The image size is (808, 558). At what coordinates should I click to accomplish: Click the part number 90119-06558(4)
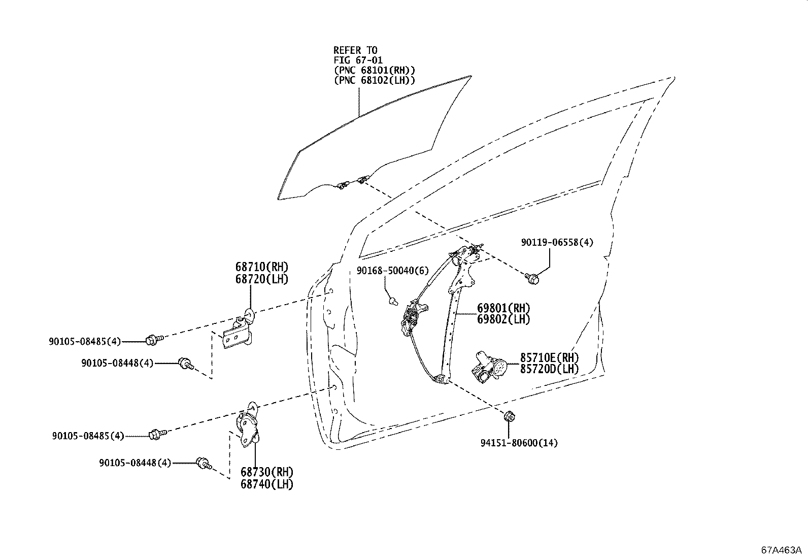pos(557,243)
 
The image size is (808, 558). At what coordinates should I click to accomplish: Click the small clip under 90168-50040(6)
pos(392,301)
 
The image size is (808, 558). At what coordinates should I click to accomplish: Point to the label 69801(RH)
pos(503,308)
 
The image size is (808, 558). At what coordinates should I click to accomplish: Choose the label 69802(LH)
pos(503,319)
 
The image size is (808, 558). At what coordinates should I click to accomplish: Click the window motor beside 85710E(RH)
pos(488,367)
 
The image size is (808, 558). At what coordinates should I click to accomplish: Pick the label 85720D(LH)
pos(549,369)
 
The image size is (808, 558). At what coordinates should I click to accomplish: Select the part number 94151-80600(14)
pos(519,443)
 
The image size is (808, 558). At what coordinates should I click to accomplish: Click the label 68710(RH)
pos(261,267)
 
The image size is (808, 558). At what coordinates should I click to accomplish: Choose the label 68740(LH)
pos(267,484)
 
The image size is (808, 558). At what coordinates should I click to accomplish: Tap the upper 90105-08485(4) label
pos(85,342)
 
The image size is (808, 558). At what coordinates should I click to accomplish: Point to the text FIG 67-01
pos(358,60)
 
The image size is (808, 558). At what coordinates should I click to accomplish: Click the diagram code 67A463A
pos(781,550)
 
